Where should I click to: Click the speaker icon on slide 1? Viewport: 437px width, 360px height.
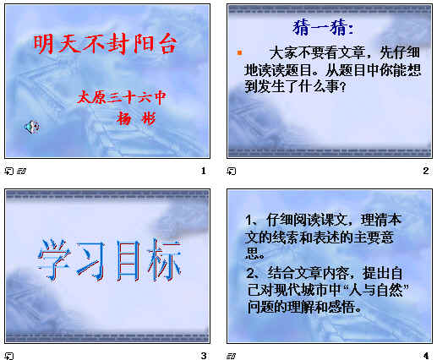30,127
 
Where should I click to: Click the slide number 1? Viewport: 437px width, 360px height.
204,172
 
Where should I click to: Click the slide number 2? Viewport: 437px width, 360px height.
426,172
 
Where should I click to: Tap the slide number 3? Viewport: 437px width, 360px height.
204,355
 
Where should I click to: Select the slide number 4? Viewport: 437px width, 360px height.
426,355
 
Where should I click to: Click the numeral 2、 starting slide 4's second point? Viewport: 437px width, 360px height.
250,273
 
